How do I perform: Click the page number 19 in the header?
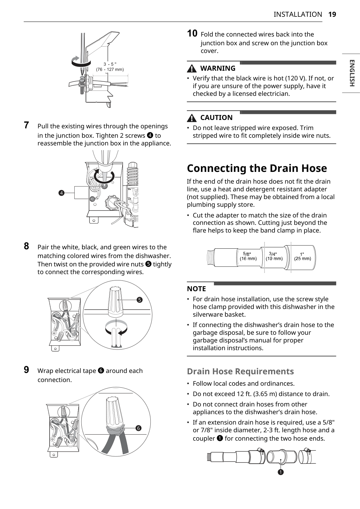(332, 14)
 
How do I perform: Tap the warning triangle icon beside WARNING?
(192, 69)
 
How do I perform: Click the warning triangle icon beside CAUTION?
(192, 118)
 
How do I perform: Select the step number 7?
(26, 125)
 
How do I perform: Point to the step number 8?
(26, 246)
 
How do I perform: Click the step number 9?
(26, 370)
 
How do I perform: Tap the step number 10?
(192, 34)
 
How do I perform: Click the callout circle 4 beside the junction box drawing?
(61, 193)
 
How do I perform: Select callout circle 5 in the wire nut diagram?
(139, 300)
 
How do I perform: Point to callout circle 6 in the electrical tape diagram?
(138, 428)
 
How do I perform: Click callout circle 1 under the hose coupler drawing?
(281, 472)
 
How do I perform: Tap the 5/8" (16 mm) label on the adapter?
(248, 256)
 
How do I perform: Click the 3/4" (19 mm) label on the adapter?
(274, 256)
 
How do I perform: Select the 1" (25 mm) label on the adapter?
(302, 256)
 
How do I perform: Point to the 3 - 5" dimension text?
(110, 64)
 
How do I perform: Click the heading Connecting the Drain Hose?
(257, 168)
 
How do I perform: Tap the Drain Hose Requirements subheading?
(240, 371)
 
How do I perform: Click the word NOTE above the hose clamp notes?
(196, 289)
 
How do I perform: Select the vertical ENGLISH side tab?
(352, 73)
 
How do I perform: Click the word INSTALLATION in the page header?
(298, 14)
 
